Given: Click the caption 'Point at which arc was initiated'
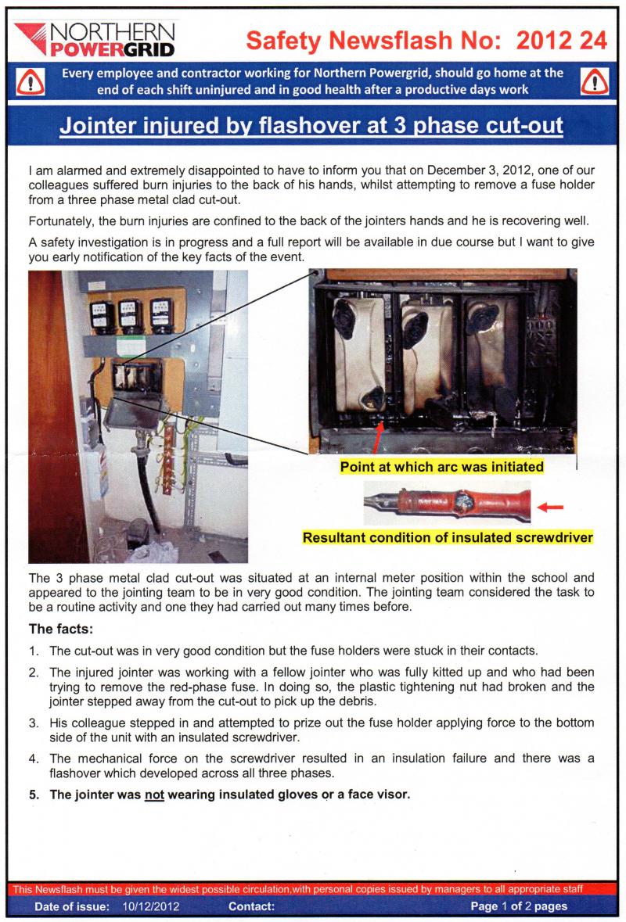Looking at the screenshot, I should (x=442, y=467).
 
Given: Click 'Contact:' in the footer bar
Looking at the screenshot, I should (x=252, y=906).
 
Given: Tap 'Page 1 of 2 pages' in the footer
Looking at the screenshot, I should (x=519, y=906).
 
